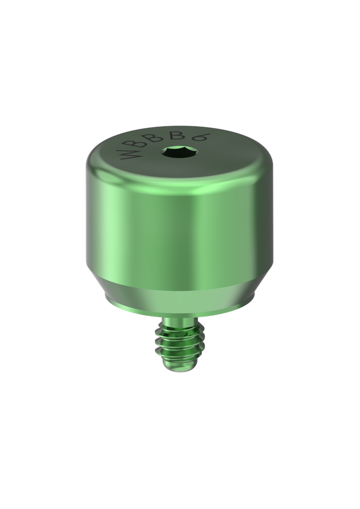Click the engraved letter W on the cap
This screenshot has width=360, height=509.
coord(128,155)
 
